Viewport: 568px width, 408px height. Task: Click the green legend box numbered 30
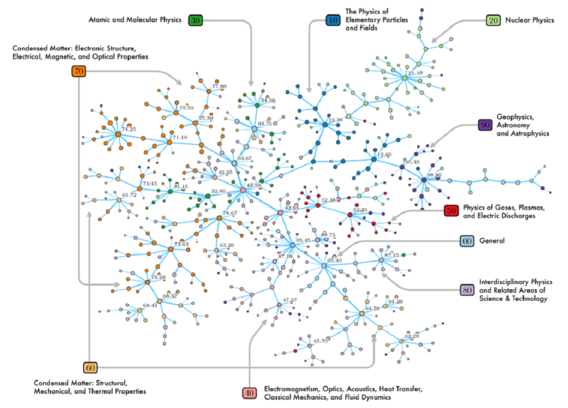tap(196, 21)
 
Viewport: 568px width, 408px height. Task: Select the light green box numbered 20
tap(493, 21)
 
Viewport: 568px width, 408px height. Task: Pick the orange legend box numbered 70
tap(79, 71)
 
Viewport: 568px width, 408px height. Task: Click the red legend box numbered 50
tap(451, 210)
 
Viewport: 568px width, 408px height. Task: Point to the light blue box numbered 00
tap(466, 241)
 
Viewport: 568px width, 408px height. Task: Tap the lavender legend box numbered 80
tap(466, 290)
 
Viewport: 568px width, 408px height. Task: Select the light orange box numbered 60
tap(90, 367)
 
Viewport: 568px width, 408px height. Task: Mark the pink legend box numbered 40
tap(249, 392)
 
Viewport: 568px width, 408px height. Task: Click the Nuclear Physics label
tap(530, 21)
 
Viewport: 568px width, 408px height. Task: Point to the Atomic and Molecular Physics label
tap(136, 20)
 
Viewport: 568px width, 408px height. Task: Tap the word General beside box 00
tap(492, 241)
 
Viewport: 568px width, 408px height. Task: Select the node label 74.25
tap(129, 128)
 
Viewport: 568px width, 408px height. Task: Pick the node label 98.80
tap(435, 175)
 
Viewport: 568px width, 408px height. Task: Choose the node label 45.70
tap(320, 341)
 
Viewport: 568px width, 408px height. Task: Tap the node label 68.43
tap(150, 306)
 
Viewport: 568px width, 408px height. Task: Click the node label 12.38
tap(335, 120)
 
